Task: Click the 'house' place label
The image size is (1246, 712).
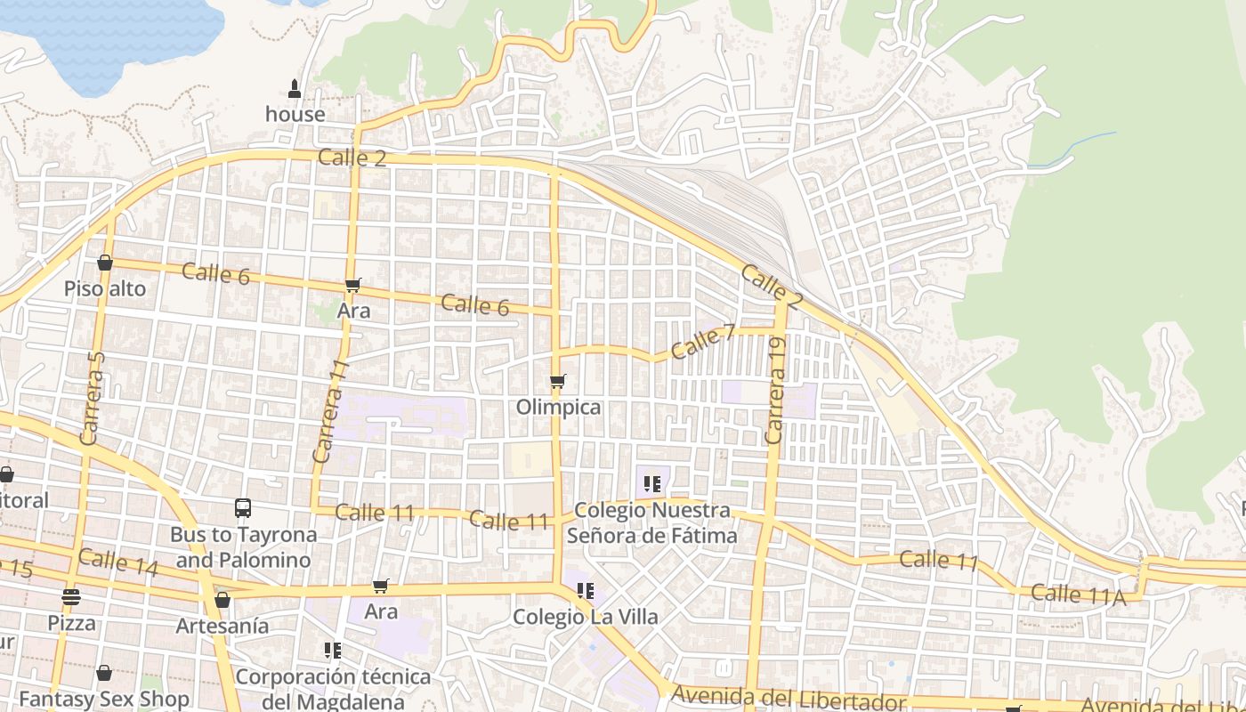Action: [x=295, y=115]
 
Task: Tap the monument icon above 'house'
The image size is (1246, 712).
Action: [x=295, y=89]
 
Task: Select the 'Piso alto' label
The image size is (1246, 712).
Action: [x=104, y=289]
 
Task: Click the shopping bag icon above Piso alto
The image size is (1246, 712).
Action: [x=104, y=263]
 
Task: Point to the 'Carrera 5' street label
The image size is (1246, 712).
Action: [x=92, y=398]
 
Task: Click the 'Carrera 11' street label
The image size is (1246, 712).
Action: [x=328, y=410]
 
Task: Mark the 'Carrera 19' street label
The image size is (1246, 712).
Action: [x=775, y=390]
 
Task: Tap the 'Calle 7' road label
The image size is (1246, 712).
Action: [x=703, y=342]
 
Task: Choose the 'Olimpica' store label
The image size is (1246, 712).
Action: [x=558, y=408]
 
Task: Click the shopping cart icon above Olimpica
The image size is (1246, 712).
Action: [x=558, y=382]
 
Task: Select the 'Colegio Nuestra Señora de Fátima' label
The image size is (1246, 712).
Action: [x=652, y=523]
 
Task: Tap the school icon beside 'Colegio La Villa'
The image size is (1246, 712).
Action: [x=585, y=590]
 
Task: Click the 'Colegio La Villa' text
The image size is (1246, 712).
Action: [x=585, y=617]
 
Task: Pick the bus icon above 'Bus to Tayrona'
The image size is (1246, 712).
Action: [x=243, y=508]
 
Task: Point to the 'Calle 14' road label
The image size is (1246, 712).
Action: [x=117, y=562]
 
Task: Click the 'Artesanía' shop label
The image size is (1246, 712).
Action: [x=222, y=626]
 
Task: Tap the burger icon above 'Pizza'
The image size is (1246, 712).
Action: [x=71, y=596]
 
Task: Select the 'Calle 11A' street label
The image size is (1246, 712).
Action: [x=1079, y=595]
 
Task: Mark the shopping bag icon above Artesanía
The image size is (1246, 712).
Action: [x=222, y=600]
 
